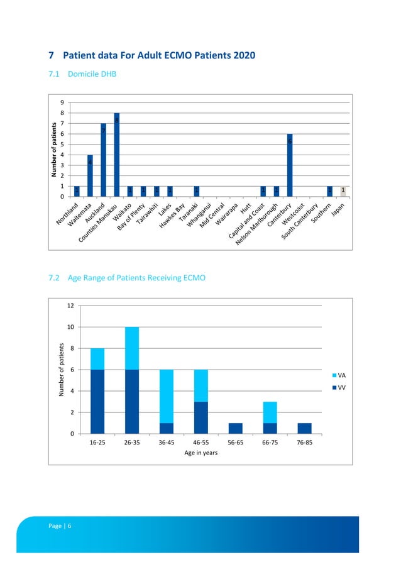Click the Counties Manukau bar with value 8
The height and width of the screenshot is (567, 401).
[x=117, y=155]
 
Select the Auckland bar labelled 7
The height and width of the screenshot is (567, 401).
[x=103, y=160]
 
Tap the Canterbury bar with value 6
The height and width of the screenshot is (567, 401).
[x=290, y=165]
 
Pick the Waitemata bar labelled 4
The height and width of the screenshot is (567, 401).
[x=90, y=175]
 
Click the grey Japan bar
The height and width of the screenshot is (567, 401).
[x=343, y=191]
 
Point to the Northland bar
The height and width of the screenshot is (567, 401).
[x=77, y=191]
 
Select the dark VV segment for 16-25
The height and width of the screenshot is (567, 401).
[x=97, y=401]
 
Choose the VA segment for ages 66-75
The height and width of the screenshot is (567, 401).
[x=270, y=412]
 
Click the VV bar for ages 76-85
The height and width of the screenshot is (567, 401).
[x=304, y=428]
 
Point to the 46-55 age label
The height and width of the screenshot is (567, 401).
[x=201, y=443]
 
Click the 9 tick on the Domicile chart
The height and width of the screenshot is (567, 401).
[x=62, y=102]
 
